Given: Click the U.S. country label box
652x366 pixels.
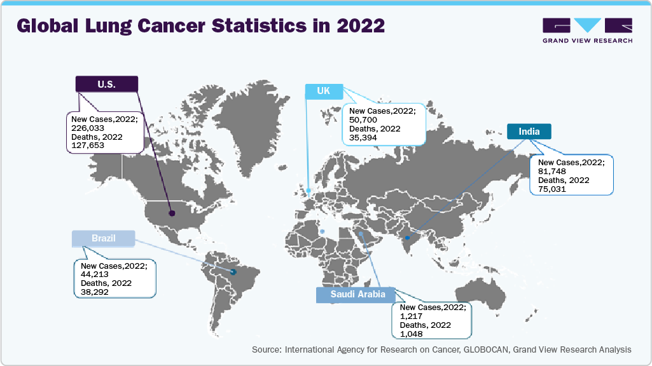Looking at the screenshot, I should coord(107,84).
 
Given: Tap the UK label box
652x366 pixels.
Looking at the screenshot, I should coord(324,91).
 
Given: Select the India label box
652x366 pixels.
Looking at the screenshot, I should coord(529,132).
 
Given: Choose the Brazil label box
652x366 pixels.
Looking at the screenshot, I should coord(103,238).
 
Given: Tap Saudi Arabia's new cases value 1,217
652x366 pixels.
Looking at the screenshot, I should coord(411,316).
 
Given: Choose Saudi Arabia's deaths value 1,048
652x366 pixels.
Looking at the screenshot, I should coord(411,334).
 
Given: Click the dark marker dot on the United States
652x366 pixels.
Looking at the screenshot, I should coord(172,213).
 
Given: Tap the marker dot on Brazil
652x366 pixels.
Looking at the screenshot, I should coord(233,273).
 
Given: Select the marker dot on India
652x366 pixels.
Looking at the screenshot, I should coord(407,238).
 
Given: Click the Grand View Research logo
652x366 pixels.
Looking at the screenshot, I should coord(587,30).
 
